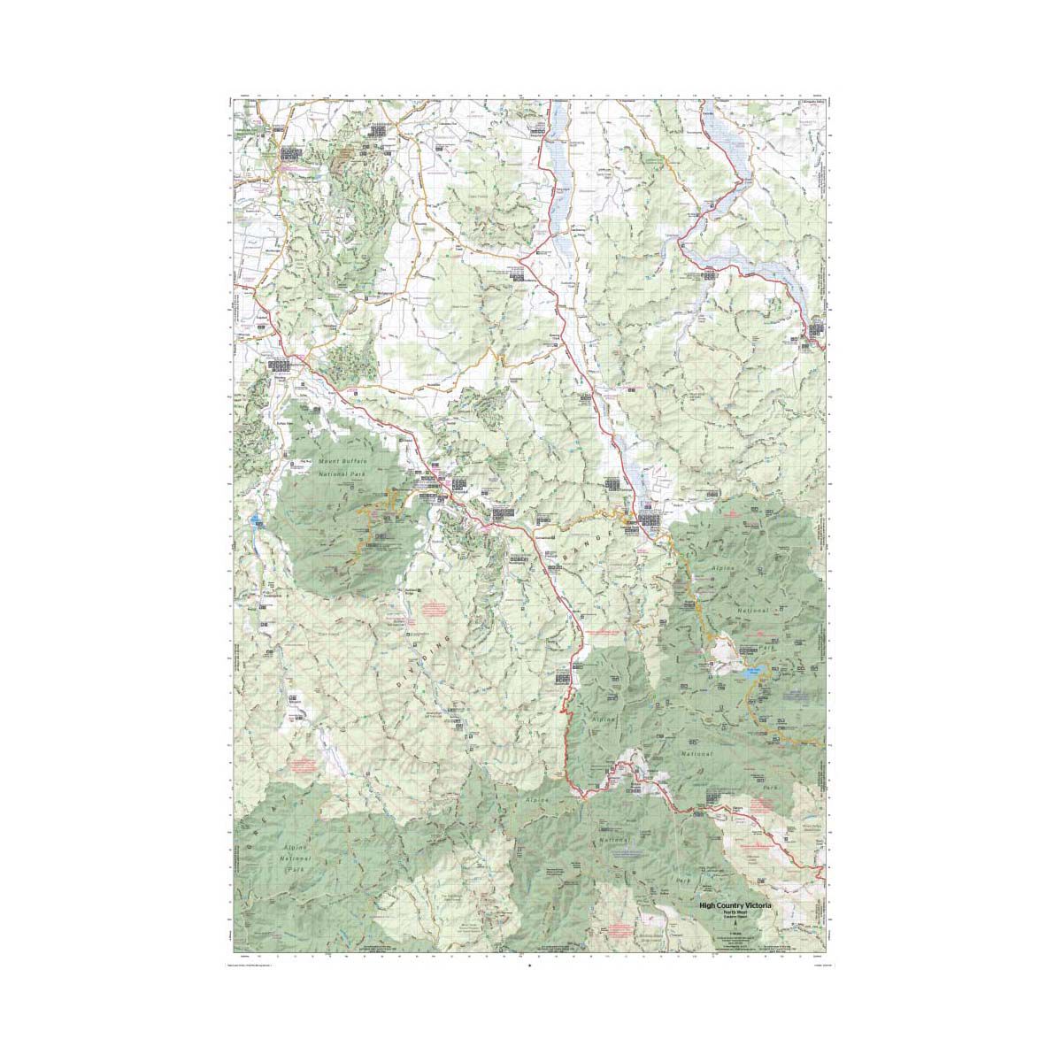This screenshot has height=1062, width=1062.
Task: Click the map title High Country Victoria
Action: (x=735, y=905)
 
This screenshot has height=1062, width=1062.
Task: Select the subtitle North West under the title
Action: (x=735, y=913)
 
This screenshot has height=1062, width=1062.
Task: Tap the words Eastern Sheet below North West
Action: (x=735, y=920)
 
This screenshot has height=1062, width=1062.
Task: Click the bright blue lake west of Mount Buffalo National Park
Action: (x=256, y=519)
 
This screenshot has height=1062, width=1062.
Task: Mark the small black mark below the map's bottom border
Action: (x=528, y=966)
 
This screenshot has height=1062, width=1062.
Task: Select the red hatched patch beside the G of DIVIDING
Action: (x=434, y=609)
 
